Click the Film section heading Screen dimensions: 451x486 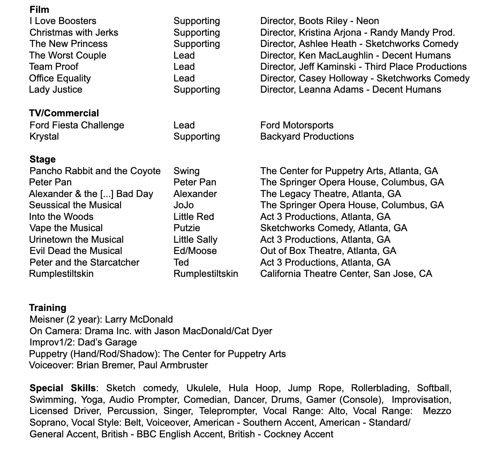39,9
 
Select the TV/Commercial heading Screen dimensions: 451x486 64,113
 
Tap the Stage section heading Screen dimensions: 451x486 42,159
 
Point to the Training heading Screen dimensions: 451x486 47,308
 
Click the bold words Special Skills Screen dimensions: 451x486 63,388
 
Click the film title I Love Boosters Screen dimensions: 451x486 63,21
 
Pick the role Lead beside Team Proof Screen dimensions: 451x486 184,67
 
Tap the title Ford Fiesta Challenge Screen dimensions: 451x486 77,125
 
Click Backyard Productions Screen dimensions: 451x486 307,136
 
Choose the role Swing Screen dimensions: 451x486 186,171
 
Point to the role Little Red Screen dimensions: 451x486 194,217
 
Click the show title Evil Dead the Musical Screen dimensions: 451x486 76,251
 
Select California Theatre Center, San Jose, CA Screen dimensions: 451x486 346,274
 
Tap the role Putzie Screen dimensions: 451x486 187,228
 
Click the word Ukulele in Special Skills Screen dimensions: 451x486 203,388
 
